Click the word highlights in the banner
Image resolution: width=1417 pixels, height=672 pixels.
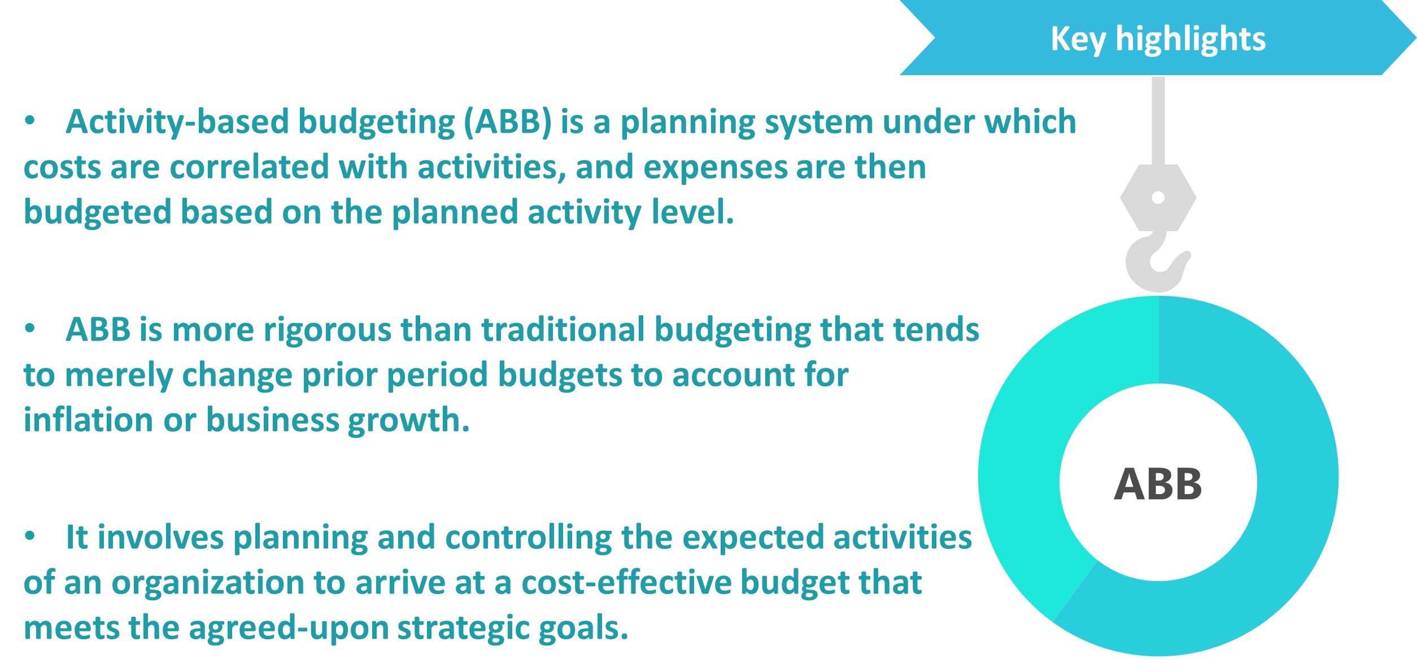point(1191,40)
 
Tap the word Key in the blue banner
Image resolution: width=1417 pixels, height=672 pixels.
point(1078,40)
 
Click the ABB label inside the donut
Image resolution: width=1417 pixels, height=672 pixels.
point(1158,485)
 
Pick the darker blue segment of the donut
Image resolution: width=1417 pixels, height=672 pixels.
point(1293,508)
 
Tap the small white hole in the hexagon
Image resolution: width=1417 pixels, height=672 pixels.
point(1158,198)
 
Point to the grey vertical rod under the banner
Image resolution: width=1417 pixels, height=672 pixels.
point(1158,121)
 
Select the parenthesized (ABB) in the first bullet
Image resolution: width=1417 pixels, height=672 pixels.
point(508,123)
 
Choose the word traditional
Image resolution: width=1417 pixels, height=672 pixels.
point(563,329)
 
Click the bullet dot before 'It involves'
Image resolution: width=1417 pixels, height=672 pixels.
point(30,537)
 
